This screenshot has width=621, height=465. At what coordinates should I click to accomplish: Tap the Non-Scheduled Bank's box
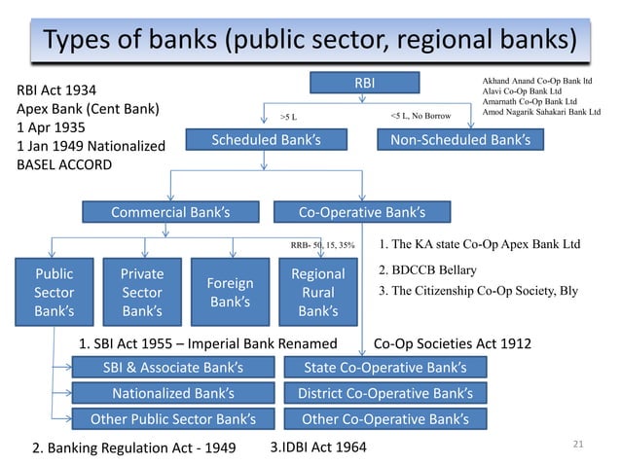point(459,140)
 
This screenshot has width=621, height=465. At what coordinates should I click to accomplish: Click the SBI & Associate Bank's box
point(172,367)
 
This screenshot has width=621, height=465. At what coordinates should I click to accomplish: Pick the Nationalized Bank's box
point(172,393)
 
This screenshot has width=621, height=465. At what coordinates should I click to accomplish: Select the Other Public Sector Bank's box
point(172,420)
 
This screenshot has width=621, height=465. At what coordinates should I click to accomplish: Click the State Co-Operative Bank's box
point(384,367)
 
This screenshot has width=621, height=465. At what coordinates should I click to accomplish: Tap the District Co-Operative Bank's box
point(384,393)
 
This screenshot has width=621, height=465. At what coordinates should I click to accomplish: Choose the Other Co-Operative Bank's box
point(384,420)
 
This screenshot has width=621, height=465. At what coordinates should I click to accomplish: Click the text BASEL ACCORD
point(59,164)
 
